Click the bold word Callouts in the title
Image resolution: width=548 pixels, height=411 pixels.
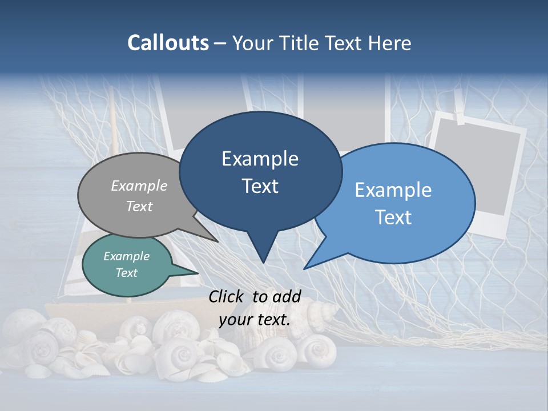point(168,43)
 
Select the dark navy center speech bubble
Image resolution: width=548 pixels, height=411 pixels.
point(260,171)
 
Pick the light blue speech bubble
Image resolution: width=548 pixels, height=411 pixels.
point(400,203)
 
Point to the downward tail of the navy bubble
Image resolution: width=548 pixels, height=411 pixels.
point(263,251)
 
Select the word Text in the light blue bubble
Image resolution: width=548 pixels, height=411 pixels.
point(393,217)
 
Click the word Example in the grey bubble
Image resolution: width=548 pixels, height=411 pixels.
point(139,186)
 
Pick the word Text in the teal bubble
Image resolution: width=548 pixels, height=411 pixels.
point(126,273)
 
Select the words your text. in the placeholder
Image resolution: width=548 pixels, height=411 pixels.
point(255,320)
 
